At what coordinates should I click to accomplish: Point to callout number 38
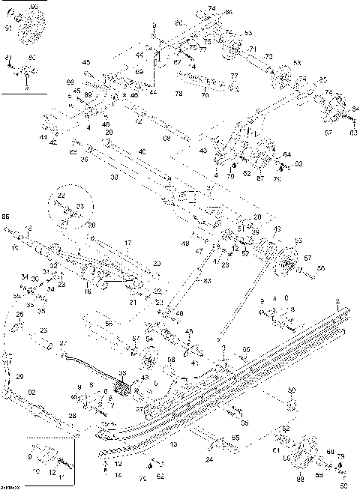[114, 178]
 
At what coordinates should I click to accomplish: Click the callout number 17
[127, 243]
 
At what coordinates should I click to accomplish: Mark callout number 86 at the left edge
[6, 216]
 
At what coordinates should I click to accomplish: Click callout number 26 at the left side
[20, 315]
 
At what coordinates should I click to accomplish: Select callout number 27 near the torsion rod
[64, 342]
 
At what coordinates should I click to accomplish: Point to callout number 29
[20, 376]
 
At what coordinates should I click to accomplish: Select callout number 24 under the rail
[208, 459]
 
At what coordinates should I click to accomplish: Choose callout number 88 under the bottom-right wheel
[300, 478]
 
